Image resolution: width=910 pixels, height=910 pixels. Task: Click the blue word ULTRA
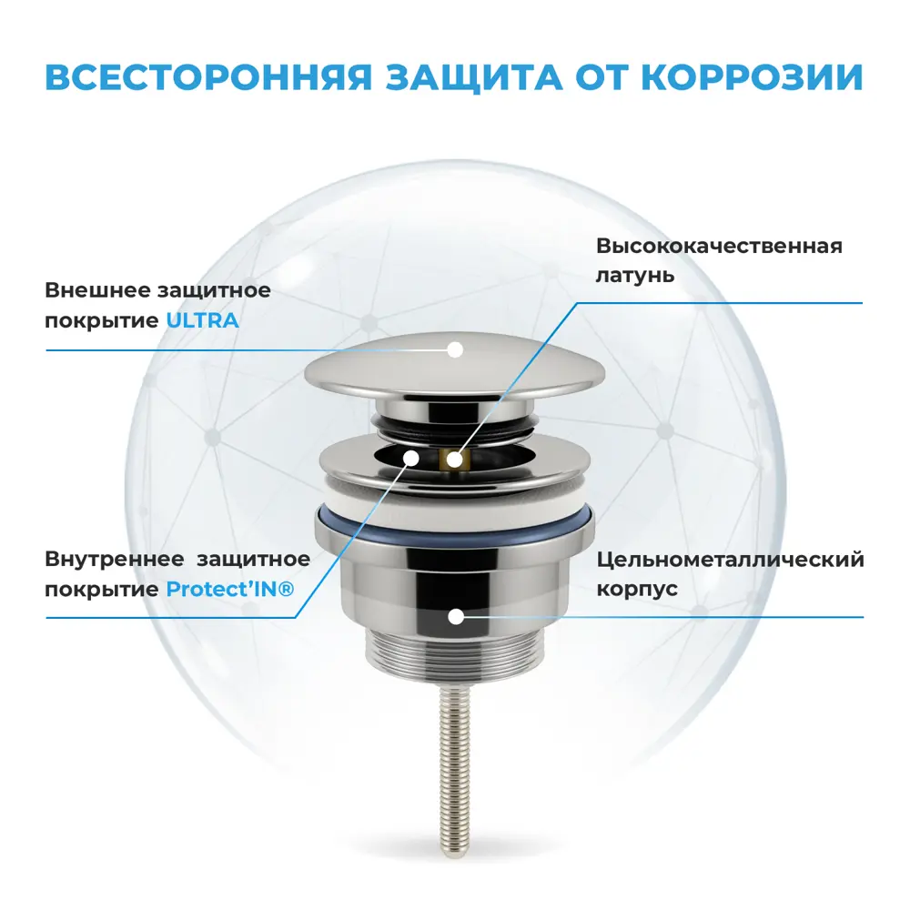[202, 320]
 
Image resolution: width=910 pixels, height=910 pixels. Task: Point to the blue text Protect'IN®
[230, 589]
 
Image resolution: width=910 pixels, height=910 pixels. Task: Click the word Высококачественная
[719, 246]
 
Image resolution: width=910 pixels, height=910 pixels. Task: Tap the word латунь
[635, 274]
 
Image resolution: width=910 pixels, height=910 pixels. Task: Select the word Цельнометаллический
[730, 559]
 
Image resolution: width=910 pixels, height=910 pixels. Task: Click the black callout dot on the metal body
[455, 616]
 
